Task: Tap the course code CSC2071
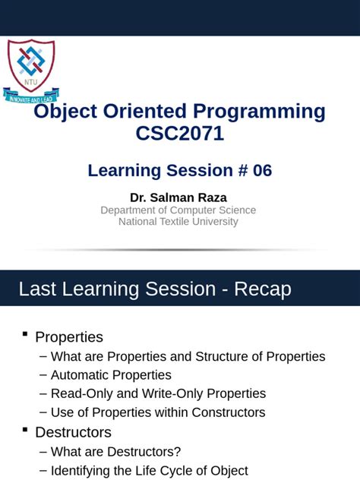(179, 134)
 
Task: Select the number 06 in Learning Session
(262, 171)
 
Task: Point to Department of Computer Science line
(178, 210)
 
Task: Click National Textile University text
(178, 222)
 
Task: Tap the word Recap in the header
(262, 289)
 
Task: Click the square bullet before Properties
(25, 334)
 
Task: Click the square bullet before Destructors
(25, 429)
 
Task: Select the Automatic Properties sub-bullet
(111, 375)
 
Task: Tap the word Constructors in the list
(227, 412)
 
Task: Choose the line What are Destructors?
(115, 451)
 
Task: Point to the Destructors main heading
(73, 432)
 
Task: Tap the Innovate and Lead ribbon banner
(32, 96)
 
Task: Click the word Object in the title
(62, 112)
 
